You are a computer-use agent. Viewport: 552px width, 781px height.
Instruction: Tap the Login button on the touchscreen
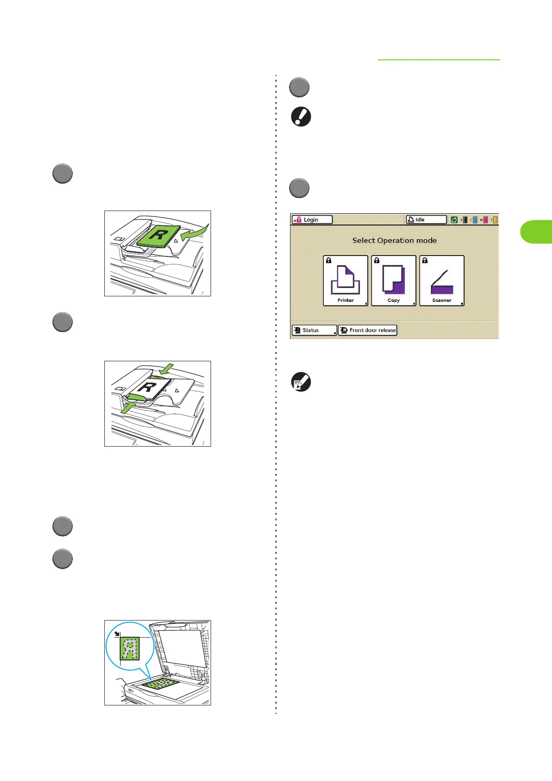click(312, 220)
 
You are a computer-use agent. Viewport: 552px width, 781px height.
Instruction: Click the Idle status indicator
click(426, 220)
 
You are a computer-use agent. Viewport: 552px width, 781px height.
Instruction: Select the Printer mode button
click(346, 281)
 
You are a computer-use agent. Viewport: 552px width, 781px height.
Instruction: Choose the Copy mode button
click(394, 281)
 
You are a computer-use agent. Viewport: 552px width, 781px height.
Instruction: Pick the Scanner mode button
click(442, 281)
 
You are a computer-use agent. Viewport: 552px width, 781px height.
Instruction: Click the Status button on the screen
click(314, 330)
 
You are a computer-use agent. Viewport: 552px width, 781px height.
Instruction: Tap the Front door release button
click(368, 330)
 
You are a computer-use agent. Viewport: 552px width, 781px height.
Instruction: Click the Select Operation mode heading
click(394, 240)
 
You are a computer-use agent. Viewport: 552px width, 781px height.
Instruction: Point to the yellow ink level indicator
click(495, 220)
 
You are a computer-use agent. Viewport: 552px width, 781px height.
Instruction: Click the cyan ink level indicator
click(475, 220)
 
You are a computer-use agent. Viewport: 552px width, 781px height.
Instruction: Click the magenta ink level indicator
click(485, 220)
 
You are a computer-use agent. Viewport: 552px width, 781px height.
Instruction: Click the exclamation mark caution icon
click(301, 116)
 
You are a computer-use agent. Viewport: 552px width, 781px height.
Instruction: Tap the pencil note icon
click(301, 383)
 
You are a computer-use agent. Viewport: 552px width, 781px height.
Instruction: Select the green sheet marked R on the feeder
click(159, 236)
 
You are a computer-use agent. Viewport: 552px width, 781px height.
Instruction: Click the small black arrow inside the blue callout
click(117, 634)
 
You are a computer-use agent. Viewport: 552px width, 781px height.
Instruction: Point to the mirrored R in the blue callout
click(130, 648)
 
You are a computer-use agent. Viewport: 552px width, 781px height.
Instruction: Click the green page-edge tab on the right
click(537, 232)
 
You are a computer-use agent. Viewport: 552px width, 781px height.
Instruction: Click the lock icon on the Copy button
click(377, 261)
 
